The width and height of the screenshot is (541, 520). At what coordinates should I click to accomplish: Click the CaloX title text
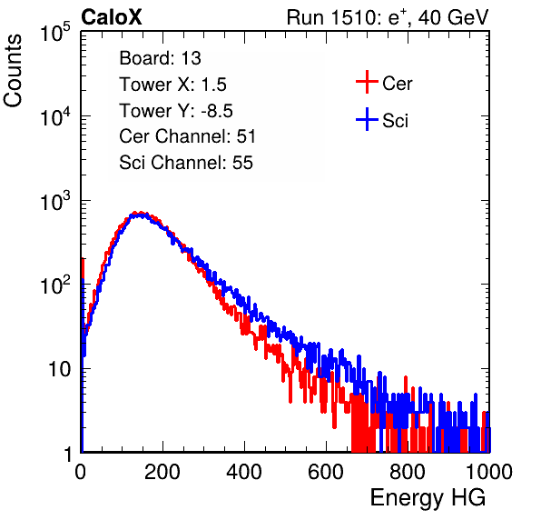coord(112,17)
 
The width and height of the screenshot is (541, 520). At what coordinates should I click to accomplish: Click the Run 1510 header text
coord(388,17)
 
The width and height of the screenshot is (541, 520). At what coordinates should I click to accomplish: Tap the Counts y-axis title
coord(13,71)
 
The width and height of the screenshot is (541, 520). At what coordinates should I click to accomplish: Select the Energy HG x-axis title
coord(428,498)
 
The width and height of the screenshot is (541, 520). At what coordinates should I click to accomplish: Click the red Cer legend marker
coord(367,82)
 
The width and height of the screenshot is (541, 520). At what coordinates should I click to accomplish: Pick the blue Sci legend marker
coord(367,120)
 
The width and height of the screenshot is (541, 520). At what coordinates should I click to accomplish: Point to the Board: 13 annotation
coord(160,58)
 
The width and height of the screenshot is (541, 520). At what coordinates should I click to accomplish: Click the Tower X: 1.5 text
coord(172,85)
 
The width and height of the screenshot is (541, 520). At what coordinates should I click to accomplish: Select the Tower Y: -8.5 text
coord(176,111)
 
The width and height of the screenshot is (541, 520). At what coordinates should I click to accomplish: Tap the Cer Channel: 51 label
coord(187,136)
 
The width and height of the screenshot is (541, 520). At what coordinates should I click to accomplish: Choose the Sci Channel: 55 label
coord(186,163)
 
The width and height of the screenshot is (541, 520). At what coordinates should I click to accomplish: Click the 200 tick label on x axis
coord(162,472)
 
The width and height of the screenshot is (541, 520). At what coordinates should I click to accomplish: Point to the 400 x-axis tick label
coord(244,472)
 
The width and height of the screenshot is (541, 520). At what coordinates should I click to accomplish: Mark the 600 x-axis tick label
coord(326,472)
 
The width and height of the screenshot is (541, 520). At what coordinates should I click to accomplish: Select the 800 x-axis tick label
coord(408,472)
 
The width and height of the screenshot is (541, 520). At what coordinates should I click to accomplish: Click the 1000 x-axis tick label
coord(489,472)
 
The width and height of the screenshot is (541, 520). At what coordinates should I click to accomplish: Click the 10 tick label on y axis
coord(59,370)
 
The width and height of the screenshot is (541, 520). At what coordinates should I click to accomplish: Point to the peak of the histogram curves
coord(138,215)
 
